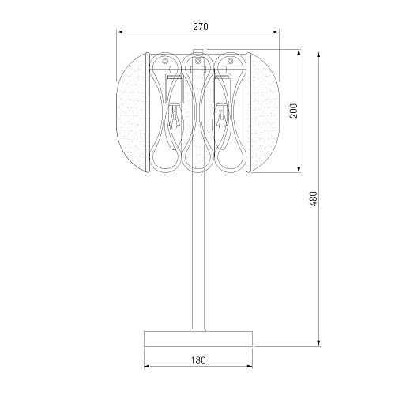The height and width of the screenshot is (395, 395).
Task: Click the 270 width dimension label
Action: (x=201, y=27)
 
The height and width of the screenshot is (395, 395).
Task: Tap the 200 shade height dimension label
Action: (x=293, y=111)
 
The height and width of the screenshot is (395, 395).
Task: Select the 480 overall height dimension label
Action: (x=314, y=199)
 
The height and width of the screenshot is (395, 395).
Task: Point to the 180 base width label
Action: (x=198, y=360)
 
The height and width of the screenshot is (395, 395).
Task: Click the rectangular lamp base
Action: (x=198, y=339)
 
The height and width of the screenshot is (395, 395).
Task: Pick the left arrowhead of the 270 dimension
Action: (x=119, y=32)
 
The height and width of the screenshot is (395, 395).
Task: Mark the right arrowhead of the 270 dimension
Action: (x=276, y=32)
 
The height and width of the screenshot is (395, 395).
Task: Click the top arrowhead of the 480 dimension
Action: (x=318, y=55)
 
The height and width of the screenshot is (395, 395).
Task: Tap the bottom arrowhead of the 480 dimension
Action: (x=318, y=343)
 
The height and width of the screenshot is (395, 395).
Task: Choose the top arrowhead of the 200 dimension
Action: (x=299, y=52)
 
